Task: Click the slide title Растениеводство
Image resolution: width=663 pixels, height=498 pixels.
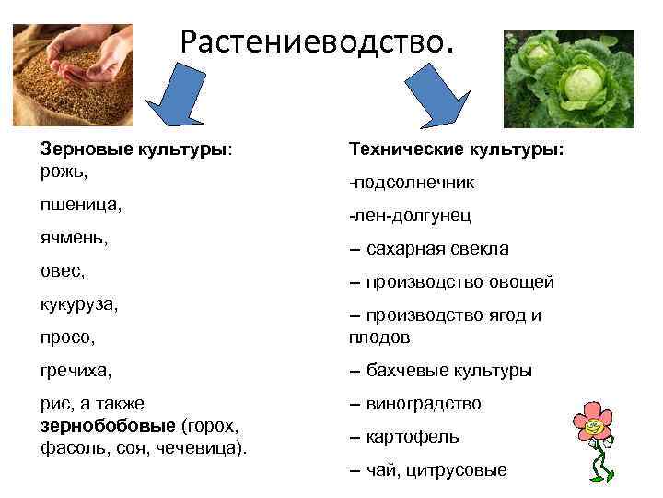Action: [x=317, y=41]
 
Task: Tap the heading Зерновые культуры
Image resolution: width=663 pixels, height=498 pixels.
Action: [x=134, y=148]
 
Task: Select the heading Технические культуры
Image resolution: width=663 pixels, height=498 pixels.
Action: [x=457, y=148]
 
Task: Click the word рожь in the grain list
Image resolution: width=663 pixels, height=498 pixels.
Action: [x=63, y=170]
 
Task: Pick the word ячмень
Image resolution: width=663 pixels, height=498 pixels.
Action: [x=75, y=238]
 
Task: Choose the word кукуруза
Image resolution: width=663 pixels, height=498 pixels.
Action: [x=79, y=303]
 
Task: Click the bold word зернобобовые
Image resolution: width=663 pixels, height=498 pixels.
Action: [x=110, y=426]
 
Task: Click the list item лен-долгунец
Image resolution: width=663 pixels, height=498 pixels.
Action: [x=410, y=216]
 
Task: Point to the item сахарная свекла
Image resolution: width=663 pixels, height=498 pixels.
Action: [x=429, y=249]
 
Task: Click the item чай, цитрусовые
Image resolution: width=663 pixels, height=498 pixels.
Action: [x=428, y=469]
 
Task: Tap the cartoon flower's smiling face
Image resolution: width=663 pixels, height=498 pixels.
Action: [x=594, y=425]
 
